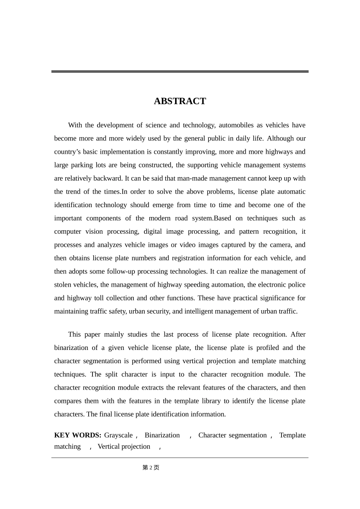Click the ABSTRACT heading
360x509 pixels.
[x=180, y=101]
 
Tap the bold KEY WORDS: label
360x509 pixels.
[x=77, y=435]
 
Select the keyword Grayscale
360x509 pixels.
[x=118, y=435]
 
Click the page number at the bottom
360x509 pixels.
[x=151, y=468]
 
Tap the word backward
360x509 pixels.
[x=108, y=178]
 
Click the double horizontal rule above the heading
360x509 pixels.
[x=180, y=72]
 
